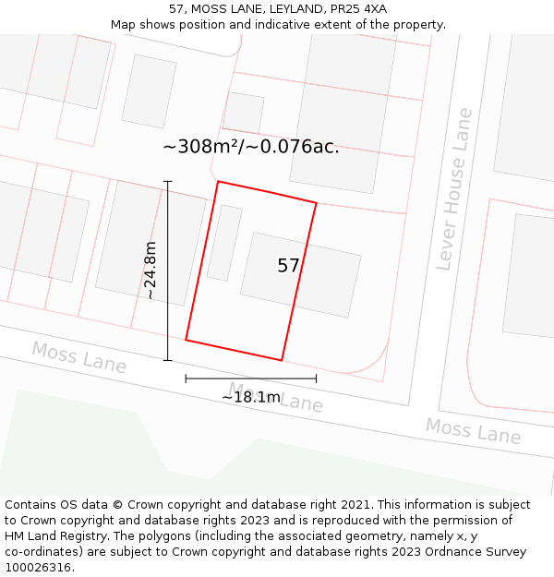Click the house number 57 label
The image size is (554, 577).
pyautogui.click(x=288, y=266)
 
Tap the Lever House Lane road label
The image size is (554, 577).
pyautogui.click(x=454, y=189)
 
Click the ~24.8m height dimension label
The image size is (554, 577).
pyautogui.click(x=151, y=270)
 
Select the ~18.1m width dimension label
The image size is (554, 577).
pyautogui.click(x=250, y=397)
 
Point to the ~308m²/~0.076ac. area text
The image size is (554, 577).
pyautogui.click(x=250, y=147)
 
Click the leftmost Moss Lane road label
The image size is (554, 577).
pyautogui.click(x=78, y=357)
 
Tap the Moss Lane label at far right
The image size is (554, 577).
pyautogui.click(x=473, y=430)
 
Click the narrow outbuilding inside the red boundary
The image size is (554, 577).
pyautogui.click(x=224, y=243)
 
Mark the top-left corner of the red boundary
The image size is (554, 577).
pyautogui.click(x=218, y=182)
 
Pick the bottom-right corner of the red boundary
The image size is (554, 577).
pyautogui.click(x=282, y=360)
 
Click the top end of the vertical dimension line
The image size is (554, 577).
pyautogui.click(x=167, y=182)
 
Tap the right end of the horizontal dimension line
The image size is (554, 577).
pyautogui.click(x=316, y=378)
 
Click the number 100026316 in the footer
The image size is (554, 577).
pyautogui.click(x=38, y=567)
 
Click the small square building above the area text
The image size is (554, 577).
pyautogui.click(x=244, y=112)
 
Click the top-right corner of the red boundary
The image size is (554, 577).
pyautogui.click(x=317, y=203)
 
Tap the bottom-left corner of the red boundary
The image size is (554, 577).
pyautogui.click(x=186, y=340)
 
